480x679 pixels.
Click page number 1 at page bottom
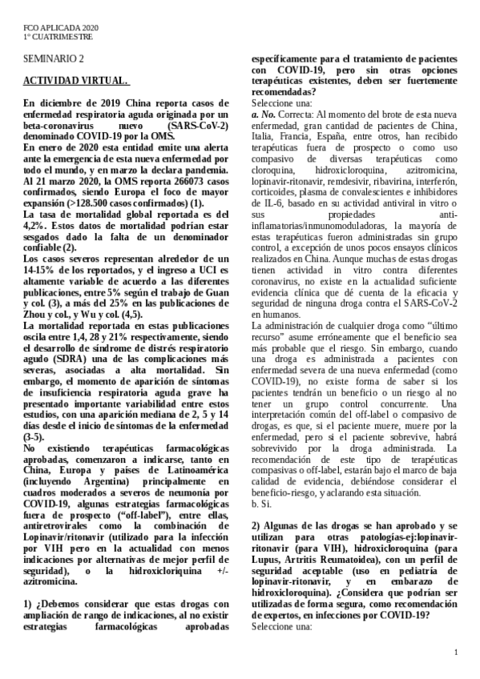454,653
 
